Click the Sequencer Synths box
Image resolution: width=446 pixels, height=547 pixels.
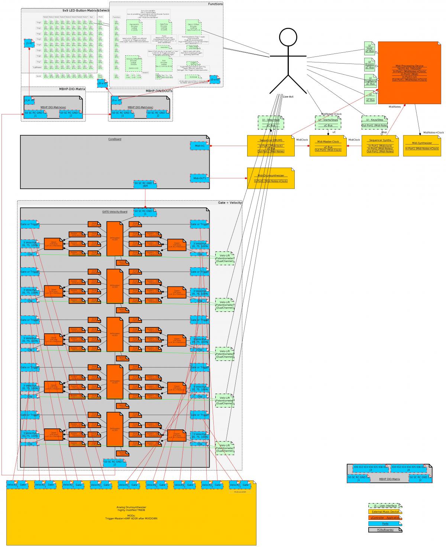(380, 146)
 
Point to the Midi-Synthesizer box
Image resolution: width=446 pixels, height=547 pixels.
(422, 146)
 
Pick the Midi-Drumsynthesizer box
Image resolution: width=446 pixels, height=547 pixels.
(271, 178)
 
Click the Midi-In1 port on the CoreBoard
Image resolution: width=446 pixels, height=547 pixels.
(200, 146)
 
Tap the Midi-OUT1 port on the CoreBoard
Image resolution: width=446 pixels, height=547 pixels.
(200, 178)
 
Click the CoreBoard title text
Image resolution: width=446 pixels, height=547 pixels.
(115, 139)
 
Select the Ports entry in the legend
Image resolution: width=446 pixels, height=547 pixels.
(385, 524)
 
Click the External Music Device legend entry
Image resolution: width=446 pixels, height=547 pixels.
(385, 512)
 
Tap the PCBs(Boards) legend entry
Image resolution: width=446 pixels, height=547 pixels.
(385, 530)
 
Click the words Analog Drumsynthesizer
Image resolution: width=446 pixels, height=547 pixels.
(131, 507)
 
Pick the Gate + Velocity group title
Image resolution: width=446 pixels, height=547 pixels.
(230, 203)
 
